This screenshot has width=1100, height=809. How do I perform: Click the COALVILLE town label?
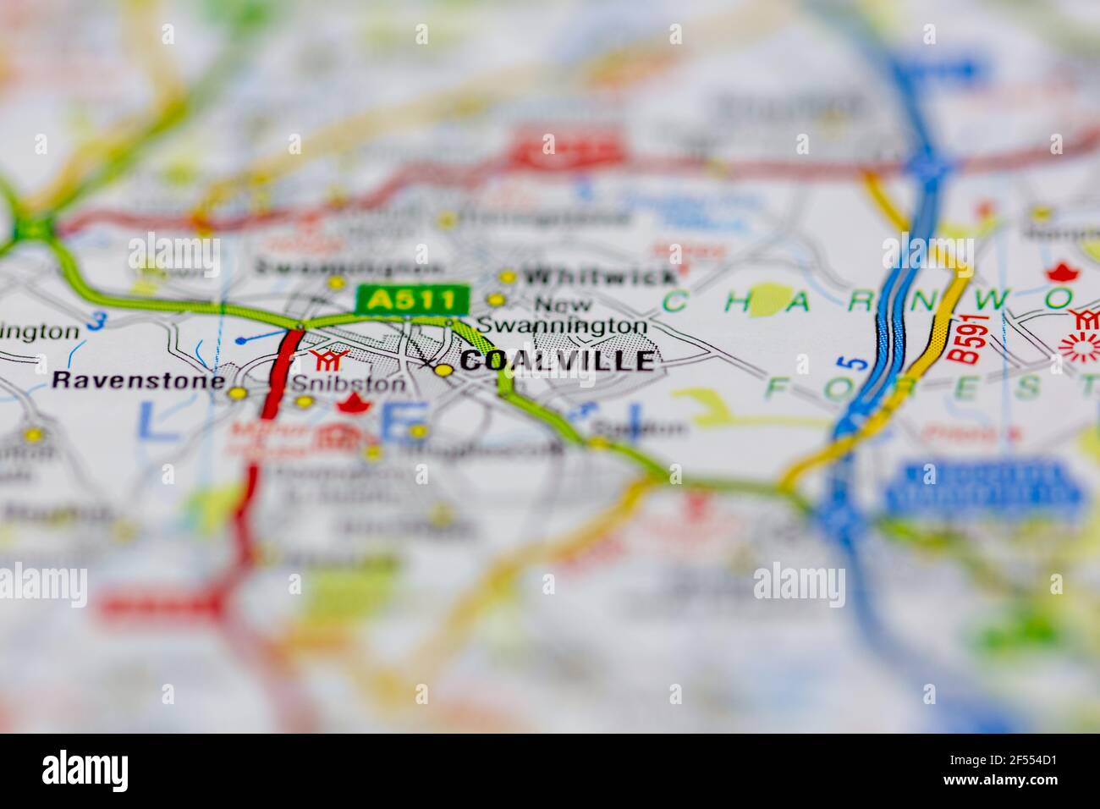point(558,361)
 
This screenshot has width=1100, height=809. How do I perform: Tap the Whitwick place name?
point(599,277)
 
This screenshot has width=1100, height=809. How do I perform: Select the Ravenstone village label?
point(138,380)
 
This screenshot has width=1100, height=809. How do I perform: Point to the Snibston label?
point(349,383)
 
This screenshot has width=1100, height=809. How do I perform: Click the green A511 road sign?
point(412,299)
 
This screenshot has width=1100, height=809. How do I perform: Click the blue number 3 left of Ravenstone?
point(99,322)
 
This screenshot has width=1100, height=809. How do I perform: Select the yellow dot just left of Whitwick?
point(507,277)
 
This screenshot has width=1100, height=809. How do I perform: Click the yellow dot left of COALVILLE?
point(443,370)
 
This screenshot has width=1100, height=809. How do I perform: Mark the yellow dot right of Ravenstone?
point(239,393)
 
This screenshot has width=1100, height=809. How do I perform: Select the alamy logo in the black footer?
point(85,771)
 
